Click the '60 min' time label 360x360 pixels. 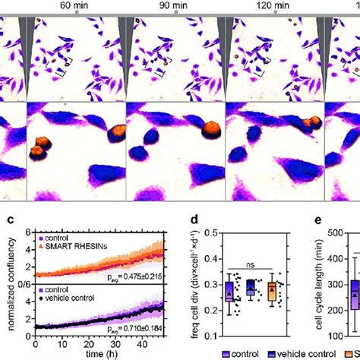(x=72, y=6)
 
